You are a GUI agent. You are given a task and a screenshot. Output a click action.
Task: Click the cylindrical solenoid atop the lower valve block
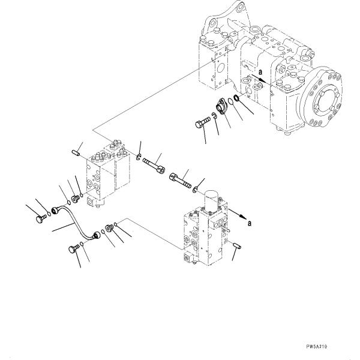pyautogui.click(x=211, y=200)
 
